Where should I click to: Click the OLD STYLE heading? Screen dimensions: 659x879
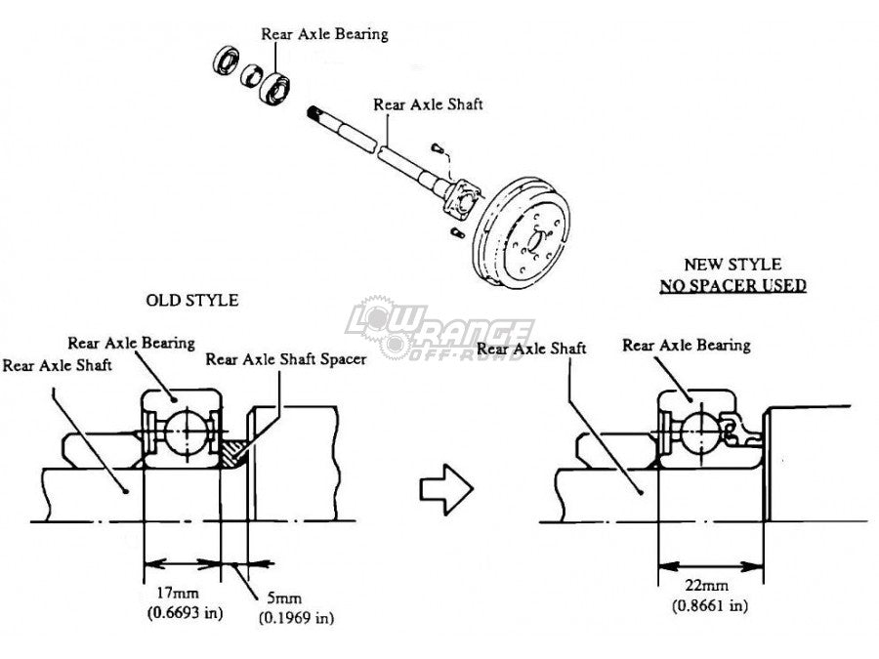point(191,300)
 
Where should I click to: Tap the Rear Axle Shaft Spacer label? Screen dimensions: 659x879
point(286,359)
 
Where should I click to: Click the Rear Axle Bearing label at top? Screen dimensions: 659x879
point(324,34)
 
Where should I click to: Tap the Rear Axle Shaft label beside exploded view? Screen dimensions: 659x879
point(426,103)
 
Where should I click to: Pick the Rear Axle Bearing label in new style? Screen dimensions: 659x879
point(687,345)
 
